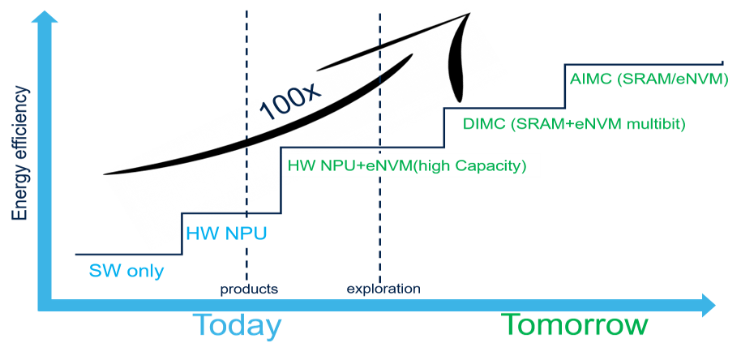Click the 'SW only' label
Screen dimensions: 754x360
[x=126, y=272]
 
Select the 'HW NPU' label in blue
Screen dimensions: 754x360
[x=226, y=234]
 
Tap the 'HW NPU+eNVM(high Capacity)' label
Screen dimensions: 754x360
[x=407, y=166]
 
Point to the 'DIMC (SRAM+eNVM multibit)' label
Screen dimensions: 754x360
[x=574, y=124]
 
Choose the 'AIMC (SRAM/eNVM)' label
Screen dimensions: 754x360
[x=649, y=79]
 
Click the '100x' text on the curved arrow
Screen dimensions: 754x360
[x=289, y=102]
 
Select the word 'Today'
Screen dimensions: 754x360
[x=238, y=325]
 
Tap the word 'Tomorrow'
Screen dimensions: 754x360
[x=575, y=325]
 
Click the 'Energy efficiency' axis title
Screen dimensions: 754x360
[x=19, y=154]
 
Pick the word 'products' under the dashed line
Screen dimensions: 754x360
[x=249, y=289]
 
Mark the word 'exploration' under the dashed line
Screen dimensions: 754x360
[x=383, y=289]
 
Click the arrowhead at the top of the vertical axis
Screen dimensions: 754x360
[x=45, y=16]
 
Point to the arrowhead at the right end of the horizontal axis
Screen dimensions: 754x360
[x=709, y=305]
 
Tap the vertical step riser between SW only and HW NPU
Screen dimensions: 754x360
[x=182, y=234]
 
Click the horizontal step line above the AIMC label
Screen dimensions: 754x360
[x=644, y=63]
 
